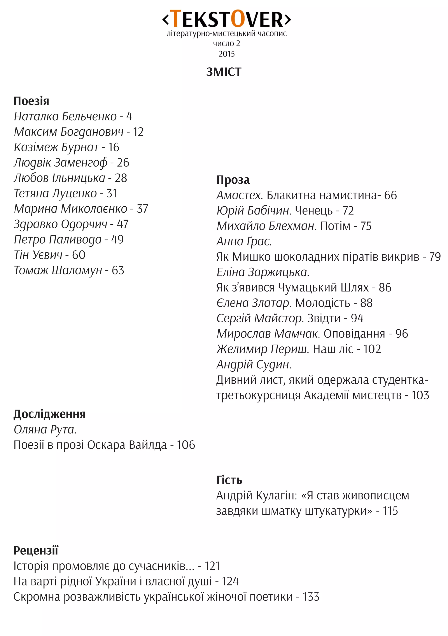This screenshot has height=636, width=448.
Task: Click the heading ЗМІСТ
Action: coord(224,72)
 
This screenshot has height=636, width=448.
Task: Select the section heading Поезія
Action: coord(31,101)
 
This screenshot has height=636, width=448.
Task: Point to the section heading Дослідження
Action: coord(50,414)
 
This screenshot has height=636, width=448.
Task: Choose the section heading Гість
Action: coord(229,480)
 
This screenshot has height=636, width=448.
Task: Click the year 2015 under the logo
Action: coord(226,54)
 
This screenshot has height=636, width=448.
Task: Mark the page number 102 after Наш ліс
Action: coord(372,349)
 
